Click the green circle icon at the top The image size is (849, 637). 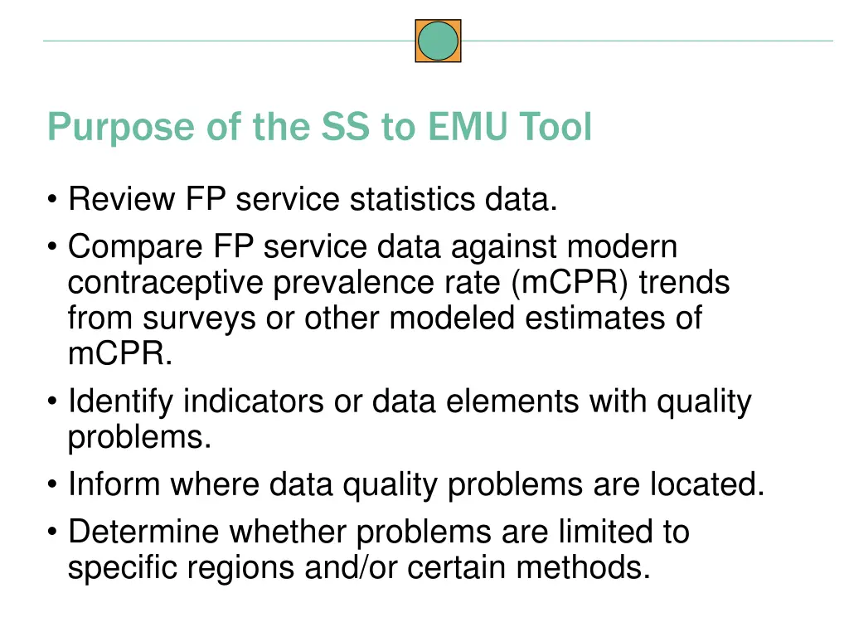438,41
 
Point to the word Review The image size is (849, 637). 122,200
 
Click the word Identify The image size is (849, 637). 121,402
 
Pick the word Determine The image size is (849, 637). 144,532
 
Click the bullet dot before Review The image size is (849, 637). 54,201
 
